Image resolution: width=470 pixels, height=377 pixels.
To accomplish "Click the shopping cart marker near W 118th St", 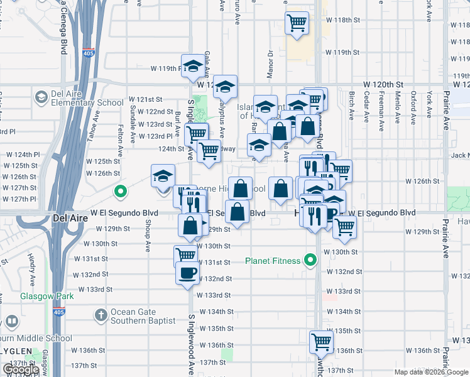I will click(297, 23).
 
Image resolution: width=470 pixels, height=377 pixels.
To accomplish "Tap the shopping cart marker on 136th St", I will click(321, 342).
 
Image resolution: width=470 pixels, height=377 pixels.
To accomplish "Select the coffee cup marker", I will click(187, 273).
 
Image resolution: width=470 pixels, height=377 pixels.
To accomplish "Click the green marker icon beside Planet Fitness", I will click(309, 260).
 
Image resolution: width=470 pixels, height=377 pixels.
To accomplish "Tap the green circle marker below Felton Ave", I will click(120, 190).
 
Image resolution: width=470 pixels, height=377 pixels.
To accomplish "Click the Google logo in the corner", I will click(21, 369).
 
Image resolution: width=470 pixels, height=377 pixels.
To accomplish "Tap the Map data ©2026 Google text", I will click(430, 372).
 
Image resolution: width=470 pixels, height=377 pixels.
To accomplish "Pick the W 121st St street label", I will click(146, 100).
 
